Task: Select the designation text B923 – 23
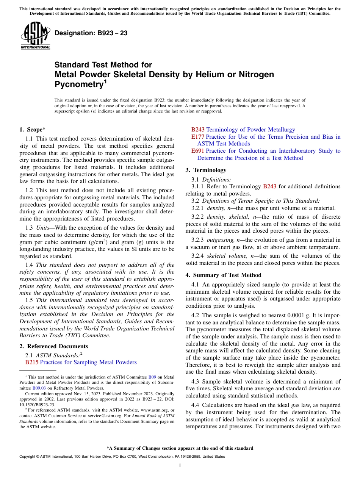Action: click(x=91, y=33)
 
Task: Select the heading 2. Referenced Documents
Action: click(x=53, y=346)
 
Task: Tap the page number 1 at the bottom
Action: click(x=180, y=465)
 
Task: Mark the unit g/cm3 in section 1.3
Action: click(x=96, y=242)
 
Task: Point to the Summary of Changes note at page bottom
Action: click(x=180, y=448)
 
